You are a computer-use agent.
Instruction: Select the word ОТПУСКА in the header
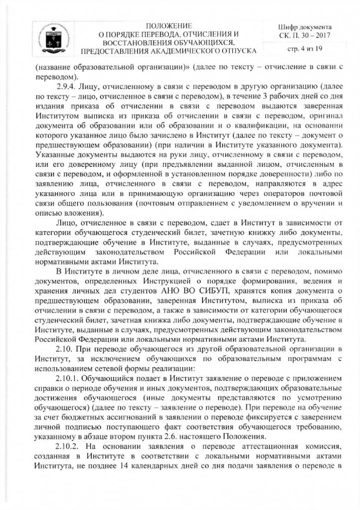click(x=237, y=51)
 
